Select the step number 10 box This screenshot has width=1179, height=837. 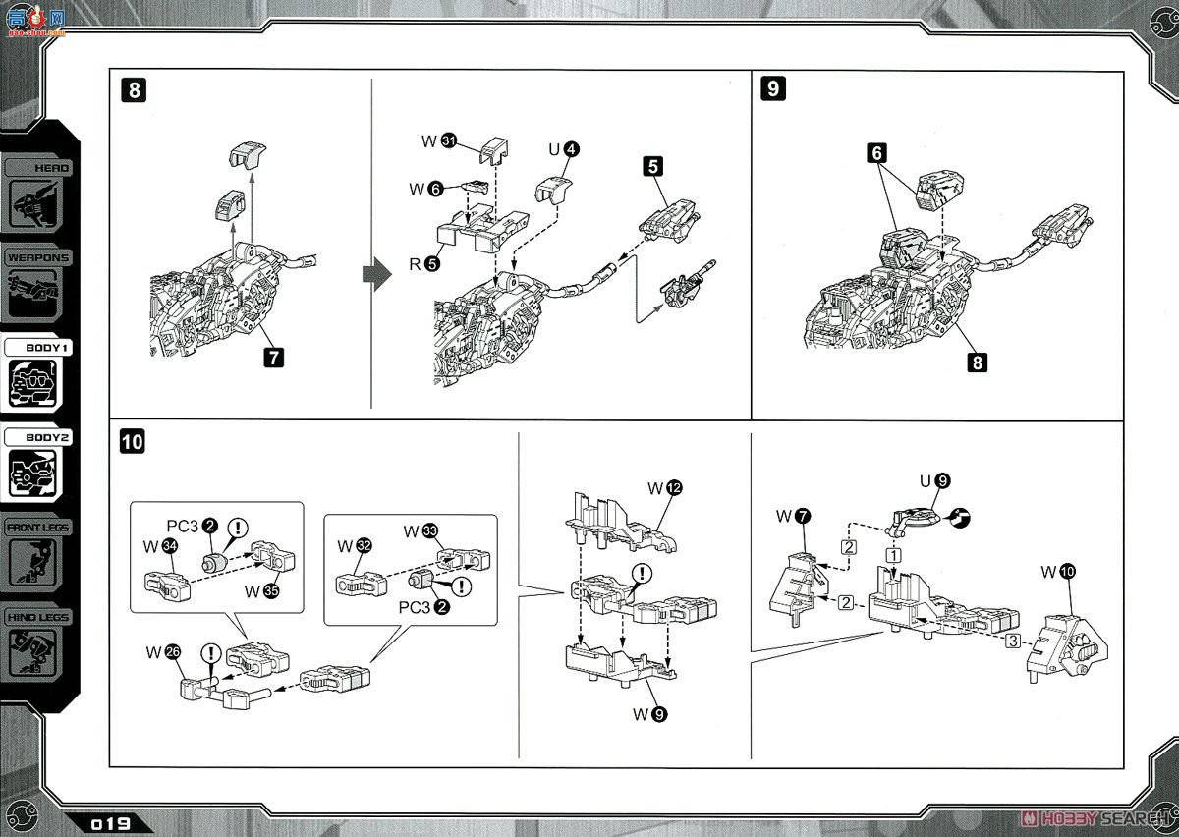pyautogui.click(x=132, y=442)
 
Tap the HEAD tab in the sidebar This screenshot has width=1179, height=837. pyautogui.click(x=42, y=168)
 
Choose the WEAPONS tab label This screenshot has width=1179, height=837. pyautogui.click(x=38, y=257)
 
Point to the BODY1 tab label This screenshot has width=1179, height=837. pyautogui.click(x=39, y=348)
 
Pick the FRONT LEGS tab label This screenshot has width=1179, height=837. pyautogui.click(x=39, y=527)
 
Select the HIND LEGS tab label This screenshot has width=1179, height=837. pyautogui.click(x=39, y=616)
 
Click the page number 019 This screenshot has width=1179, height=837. pyautogui.click(x=111, y=823)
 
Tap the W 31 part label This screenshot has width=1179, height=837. pyautogui.click(x=438, y=141)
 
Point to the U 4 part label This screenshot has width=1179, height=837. pyautogui.click(x=564, y=149)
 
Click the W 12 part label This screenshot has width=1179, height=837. pyautogui.click(x=664, y=488)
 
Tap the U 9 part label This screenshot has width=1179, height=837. pyautogui.click(x=934, y=481)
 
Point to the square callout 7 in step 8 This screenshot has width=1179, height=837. pyautogui.click(x=273, y=358)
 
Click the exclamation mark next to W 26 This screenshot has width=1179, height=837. pyautogui.click(x=208, y=651)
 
